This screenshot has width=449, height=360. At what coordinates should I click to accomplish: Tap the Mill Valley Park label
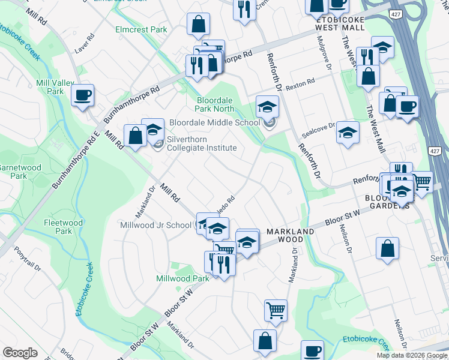coord(50,87)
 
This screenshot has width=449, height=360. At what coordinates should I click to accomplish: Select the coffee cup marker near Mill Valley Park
coord(82,94)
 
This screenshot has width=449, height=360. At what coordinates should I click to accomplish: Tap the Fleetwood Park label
coord(64,226)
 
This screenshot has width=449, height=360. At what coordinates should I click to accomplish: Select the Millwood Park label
coord(182,278)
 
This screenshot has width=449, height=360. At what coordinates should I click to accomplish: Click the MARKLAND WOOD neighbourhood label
coord(291,235)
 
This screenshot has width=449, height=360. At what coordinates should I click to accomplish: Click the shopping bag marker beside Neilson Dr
coord(388,248)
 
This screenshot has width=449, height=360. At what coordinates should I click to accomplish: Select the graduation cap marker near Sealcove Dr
coord(348,132)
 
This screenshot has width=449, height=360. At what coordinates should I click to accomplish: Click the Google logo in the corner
coord(20,352)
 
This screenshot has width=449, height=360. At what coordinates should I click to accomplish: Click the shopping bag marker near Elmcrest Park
coord(197,25)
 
